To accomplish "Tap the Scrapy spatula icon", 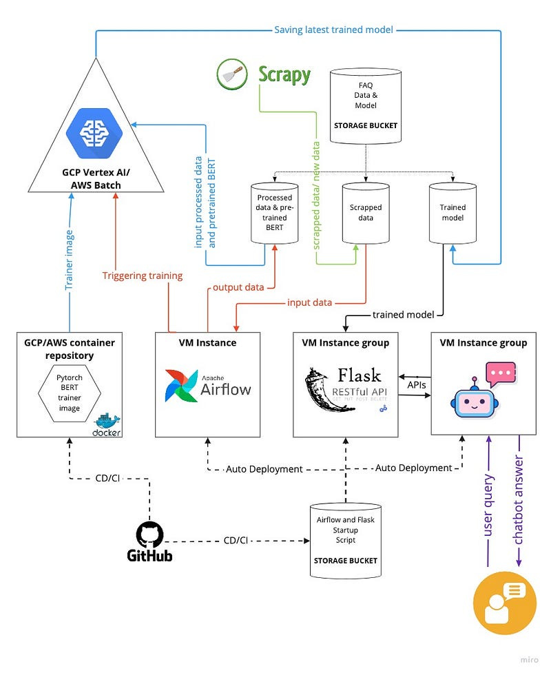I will tap(232, 74).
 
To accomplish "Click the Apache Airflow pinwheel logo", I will tap(182, 385).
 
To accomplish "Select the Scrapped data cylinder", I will tap(366, 212).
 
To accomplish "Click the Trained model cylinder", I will tap(453, 212).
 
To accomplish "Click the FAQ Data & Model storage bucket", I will tap(365, 105).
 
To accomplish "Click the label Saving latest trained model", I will tap(333, 30).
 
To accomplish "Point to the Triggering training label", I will tap(143, 276).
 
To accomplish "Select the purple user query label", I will tap(488, 505).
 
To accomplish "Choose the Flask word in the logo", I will tap(360, 375).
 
